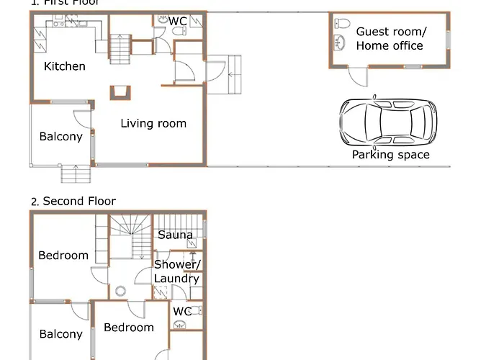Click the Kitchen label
[x=65, y=66]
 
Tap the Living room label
[x=153, y=123]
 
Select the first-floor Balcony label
[x=60, y=136]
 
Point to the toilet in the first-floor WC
[x=163, y=21]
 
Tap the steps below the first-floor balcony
[x=76, y=174]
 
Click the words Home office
[x=389, y=45]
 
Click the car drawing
[x=388, y=120]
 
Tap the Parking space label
[x=390, y=154]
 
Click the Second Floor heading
[x=78, y=201]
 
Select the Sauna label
[x=175, y=235]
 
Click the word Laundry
[x=176, y=279]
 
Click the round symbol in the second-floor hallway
[x=120, y=292]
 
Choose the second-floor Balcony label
[x=60, y=333]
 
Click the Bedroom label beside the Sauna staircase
[x=63, y=255]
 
